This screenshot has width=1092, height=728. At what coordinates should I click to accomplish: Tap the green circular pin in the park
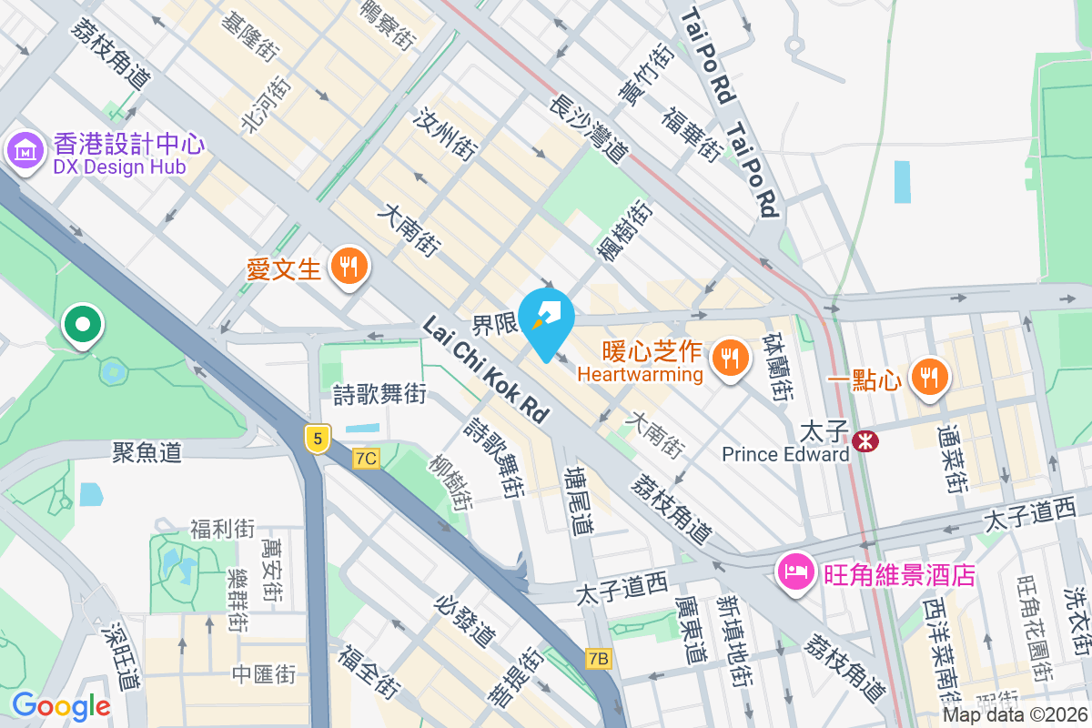pos(83,325)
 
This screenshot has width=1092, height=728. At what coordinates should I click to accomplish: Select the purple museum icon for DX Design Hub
pos(24,150)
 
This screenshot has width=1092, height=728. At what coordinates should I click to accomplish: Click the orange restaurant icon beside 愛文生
pos(348,267)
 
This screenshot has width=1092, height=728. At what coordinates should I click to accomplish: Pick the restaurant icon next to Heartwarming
pos(729,358)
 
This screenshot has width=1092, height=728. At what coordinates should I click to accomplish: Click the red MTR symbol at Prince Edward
pos(864,441)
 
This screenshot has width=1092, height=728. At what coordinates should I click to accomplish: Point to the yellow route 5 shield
pos(317,439)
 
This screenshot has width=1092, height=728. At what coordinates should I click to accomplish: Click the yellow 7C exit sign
pos(366,458)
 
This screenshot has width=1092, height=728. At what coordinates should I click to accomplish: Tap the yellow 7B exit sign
pos(599,658)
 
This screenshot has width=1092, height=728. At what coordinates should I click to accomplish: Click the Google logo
pos(61,705)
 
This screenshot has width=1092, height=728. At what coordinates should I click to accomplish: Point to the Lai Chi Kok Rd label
pos(487,369)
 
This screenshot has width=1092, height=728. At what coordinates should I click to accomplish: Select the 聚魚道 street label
pos(147,450)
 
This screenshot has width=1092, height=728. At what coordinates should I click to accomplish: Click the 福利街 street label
pos(222,528)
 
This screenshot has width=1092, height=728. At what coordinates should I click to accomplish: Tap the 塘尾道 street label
pos(579,500)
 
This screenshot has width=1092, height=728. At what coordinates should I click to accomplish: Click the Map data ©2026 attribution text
pos(1016,714)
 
